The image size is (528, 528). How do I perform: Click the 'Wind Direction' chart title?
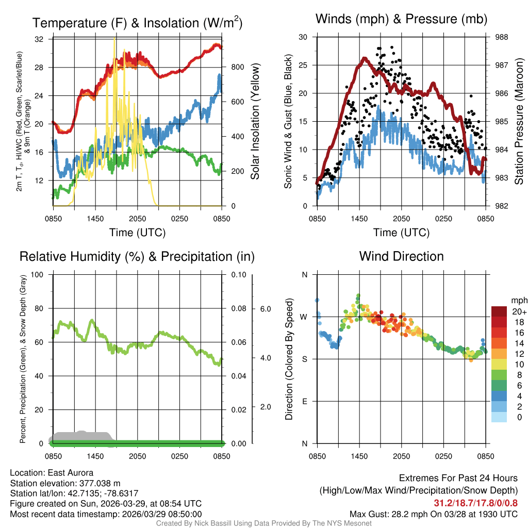401,256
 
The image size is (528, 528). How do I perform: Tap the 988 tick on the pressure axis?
501,37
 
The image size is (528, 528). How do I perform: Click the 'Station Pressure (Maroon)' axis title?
519,122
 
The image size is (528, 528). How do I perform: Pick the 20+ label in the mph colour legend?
519,312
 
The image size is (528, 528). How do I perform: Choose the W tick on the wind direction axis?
304,317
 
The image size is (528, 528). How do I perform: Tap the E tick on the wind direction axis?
304,401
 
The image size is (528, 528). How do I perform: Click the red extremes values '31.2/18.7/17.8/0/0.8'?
475,503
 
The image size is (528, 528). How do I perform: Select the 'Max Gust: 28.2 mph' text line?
434,514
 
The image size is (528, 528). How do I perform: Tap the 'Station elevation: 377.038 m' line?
65,483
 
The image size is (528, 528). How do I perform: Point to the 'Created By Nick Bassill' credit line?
264,523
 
